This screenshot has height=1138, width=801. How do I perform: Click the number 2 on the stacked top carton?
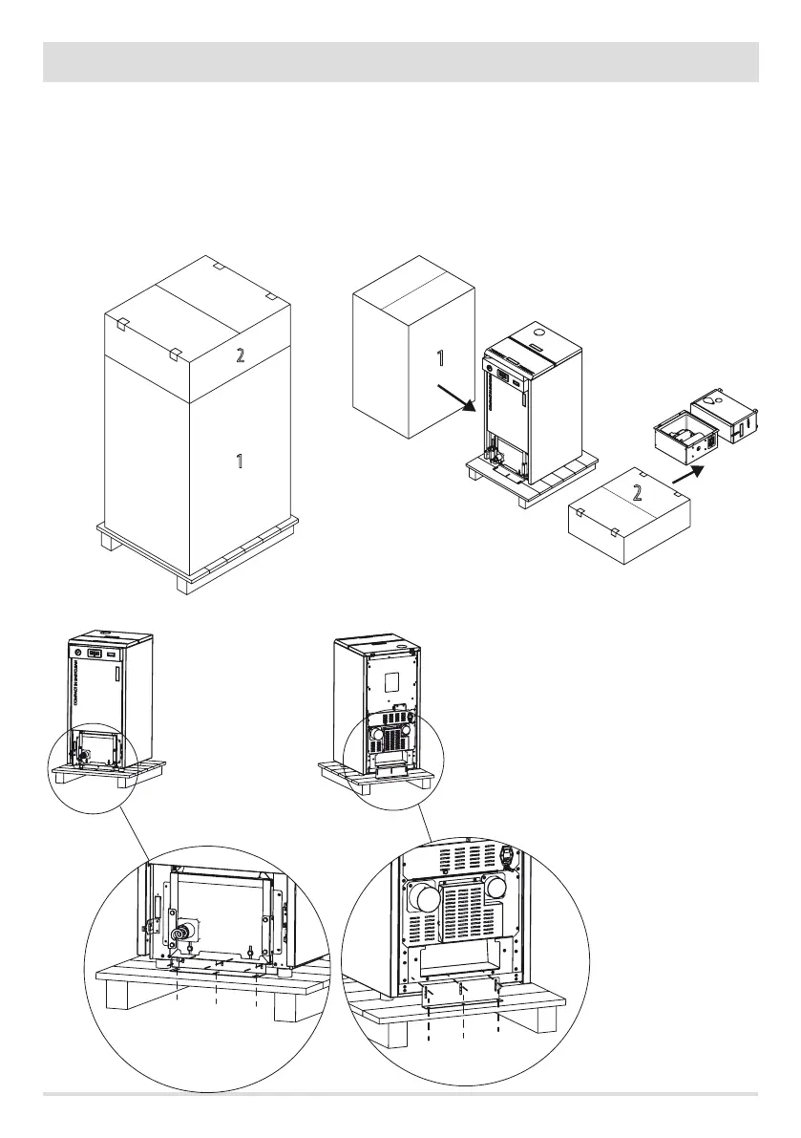(x=241, y=355)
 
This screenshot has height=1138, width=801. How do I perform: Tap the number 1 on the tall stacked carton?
(x=240, y=462)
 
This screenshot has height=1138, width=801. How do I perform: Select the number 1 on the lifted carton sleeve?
(x=440, y=359)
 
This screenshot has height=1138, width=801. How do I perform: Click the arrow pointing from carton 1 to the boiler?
(x=456, y=397)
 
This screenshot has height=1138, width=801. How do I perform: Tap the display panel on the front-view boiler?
(x=96, y=654)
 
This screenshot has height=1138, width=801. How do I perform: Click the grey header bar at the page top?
(x=400, y=61)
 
